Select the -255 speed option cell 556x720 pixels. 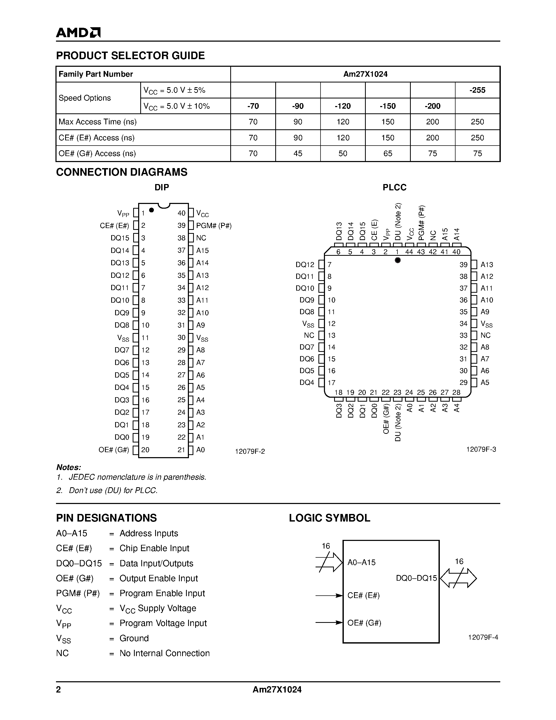pos(477,90)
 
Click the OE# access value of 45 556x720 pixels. pos(298,154)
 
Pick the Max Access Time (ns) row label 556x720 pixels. pos(98,122)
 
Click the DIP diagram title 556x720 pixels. pos(162,187)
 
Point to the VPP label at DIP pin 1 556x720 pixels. pos(123,214)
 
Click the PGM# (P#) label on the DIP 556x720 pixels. pos(214,226)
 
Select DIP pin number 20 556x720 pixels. pos(145,450)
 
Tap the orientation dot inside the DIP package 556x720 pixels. pos(151,210)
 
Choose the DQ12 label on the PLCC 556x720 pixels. pos(305,265)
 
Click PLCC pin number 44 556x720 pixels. pos(409,252)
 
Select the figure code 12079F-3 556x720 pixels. pos(481,449)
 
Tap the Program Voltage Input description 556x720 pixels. pos(163,623)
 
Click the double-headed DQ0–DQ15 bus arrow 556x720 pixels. pos(458,578)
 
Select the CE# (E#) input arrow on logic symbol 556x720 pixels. pos(329,595)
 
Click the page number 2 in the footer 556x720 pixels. pos(59,690)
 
